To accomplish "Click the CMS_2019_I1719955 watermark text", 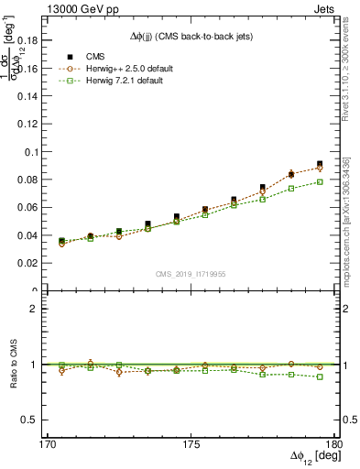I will coord(191,273).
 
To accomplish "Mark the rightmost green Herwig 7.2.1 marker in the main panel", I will coord(320,181).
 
